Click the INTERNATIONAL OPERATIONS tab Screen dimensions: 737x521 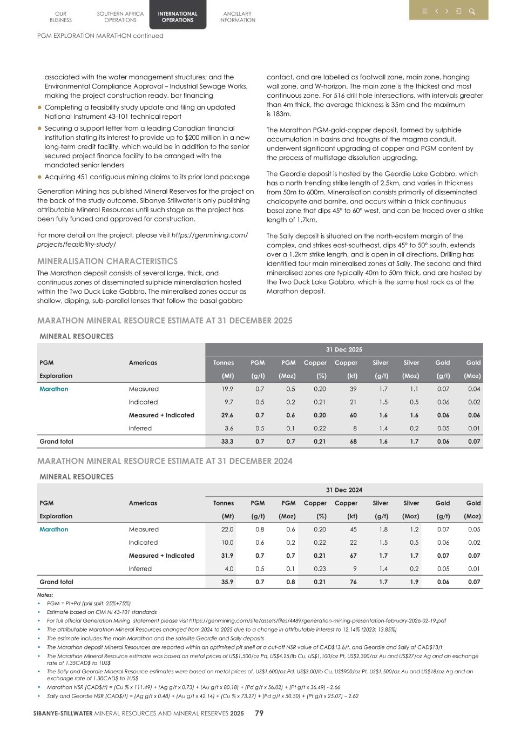tap(178, 17)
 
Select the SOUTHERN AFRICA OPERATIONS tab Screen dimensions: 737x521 tap(120, 17)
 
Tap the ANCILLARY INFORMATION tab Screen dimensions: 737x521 tap(237, 17)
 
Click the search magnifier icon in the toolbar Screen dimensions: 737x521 tap(471, 11)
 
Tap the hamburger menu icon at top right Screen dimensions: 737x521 tap(424, 11)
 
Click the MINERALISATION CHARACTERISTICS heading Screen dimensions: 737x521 tap(107, 261)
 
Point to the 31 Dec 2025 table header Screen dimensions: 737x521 tap(344, 350)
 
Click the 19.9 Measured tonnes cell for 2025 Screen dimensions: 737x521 tap(227, 389)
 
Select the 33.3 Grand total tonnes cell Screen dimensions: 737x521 tap(227, 442)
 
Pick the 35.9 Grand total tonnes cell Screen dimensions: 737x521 tap(227, 582)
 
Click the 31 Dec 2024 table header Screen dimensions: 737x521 tap(344, 490)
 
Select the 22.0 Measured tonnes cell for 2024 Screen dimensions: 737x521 tap(227, 530)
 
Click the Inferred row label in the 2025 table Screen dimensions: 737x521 tap(140, 429)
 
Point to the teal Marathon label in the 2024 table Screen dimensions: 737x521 tap(54, 530)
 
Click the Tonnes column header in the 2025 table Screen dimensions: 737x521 tap(224, 363)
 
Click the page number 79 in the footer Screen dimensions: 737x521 tap(259, 713)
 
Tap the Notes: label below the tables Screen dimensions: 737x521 tap(45, 595)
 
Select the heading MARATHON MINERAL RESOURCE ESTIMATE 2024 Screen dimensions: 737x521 tap(165, 461)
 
